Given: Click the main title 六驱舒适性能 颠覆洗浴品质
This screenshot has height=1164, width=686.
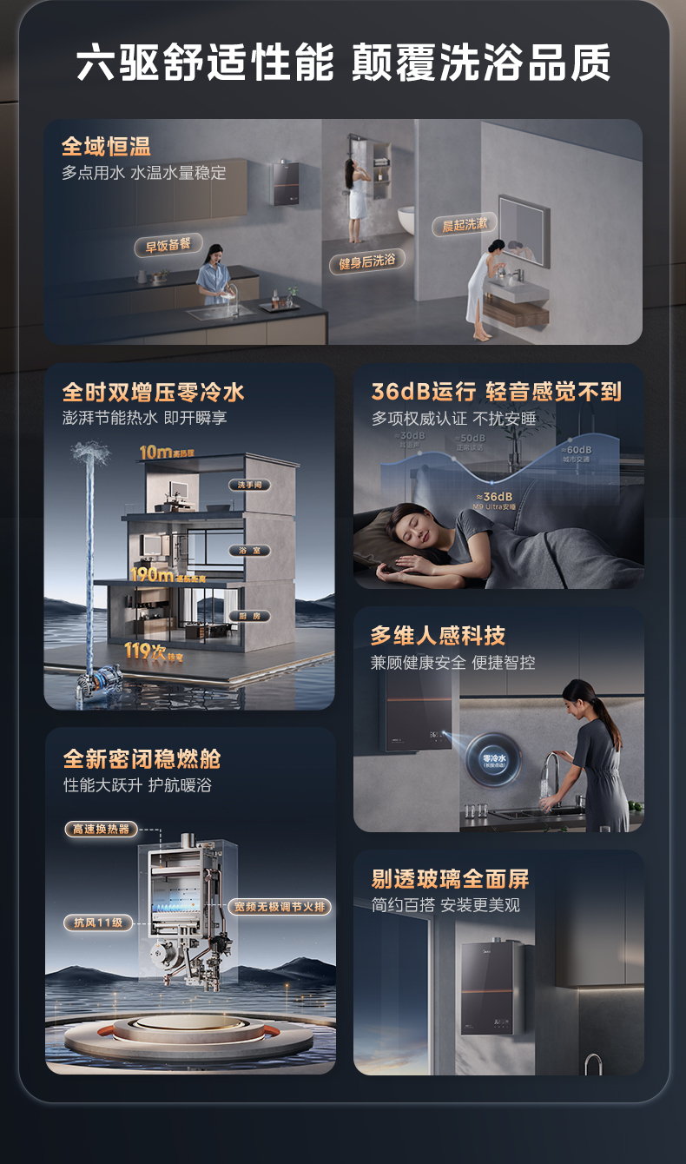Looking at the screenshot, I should (343, 63).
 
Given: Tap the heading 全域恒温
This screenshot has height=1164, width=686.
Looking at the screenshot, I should (106, 147).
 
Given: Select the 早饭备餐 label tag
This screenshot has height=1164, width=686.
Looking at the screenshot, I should (168, 246).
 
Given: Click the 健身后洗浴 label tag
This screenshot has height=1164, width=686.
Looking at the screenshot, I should (366, 261).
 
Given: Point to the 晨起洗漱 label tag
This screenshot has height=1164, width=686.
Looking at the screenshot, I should (465, 225).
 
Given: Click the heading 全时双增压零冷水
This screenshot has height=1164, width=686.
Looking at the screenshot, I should (154, 392).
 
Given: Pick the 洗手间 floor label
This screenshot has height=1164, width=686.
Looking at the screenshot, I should (250, 485).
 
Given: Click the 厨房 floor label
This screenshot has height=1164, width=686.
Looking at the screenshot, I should (250, 616).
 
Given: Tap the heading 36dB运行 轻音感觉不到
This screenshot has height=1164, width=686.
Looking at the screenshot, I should (497, 392).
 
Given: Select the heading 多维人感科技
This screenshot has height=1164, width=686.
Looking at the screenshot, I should (438, 636).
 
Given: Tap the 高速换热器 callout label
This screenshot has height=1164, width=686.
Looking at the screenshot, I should (102, 830).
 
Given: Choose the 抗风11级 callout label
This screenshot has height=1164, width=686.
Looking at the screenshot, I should (98, 923).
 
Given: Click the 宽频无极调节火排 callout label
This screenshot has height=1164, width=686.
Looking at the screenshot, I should (281, 907).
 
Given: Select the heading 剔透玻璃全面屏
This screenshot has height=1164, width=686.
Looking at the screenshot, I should (450, 878).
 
